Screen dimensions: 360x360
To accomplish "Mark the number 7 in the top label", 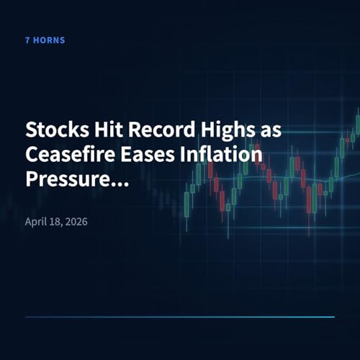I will click(27, 40).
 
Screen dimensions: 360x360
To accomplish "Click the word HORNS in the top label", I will click(50, 40).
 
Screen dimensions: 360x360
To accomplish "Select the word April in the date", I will click(36, 220).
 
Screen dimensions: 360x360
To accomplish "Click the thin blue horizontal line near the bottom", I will click(180, 317).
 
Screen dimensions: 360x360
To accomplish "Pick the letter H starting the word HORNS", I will click(37, 40).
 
